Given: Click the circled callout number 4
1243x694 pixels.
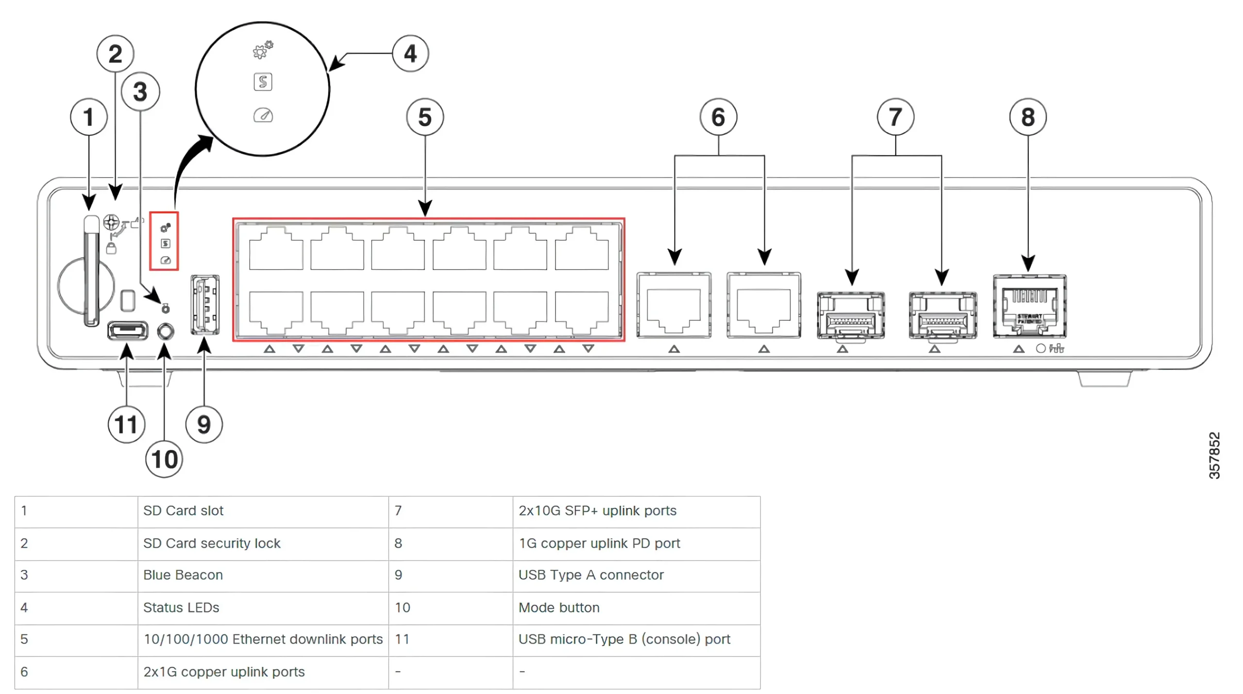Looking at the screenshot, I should [410, 53].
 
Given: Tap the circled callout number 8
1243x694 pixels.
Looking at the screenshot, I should [1027, 117].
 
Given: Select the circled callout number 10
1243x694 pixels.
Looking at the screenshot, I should [164, 459].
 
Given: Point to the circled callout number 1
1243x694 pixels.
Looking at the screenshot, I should [89, 117].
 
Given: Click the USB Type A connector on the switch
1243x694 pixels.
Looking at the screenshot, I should [205, 305].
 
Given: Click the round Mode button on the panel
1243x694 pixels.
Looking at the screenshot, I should [166, 332].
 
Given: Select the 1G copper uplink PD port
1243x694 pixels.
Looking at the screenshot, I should [1029, 306].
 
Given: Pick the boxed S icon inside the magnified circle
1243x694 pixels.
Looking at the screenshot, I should [263, 82].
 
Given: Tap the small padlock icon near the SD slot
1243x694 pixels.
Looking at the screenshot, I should [111, 248].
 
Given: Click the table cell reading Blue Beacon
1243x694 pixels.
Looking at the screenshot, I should [183, 575].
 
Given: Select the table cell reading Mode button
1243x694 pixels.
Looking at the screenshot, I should [559, 608].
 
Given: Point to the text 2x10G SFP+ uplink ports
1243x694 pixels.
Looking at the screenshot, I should [597, 511].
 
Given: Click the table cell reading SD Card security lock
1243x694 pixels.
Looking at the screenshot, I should [212, 543].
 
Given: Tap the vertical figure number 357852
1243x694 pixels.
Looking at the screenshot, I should [1214, 455].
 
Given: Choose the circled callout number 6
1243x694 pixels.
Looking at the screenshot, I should [718, 117].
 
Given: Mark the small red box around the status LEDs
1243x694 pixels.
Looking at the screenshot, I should [164, 241].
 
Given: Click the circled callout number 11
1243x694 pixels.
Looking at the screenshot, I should [126, 425].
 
